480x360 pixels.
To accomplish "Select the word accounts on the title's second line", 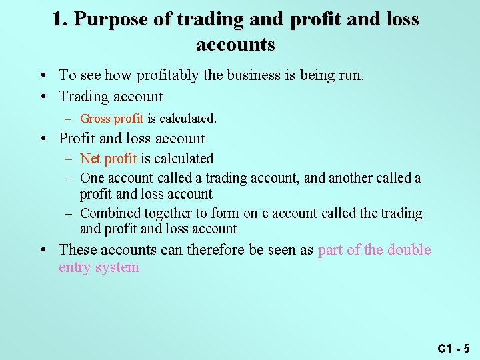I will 235,45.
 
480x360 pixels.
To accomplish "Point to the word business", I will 254,75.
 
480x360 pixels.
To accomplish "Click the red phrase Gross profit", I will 111,119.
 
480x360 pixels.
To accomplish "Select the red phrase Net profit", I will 108,159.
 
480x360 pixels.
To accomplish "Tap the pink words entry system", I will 99,267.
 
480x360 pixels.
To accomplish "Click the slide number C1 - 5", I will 453,348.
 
